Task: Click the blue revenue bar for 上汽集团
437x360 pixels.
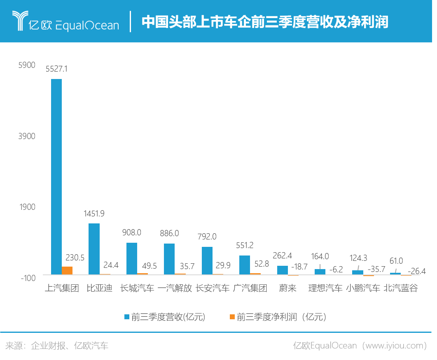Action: click(56, 177)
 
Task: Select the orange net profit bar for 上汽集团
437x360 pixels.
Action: click(67, 270)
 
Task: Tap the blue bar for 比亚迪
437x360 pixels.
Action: click(94, 249)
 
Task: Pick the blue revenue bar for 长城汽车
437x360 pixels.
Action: click(132, 258)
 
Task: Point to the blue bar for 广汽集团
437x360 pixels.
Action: click(245, 265)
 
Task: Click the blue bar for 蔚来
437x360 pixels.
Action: click(283, 270)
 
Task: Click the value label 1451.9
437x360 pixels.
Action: click(94, 214)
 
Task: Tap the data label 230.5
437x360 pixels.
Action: click(75, 258)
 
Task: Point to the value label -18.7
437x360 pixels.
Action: click(299, 267)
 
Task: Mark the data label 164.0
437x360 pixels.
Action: click(320, 256)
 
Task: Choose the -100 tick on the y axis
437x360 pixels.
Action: click(28, 278)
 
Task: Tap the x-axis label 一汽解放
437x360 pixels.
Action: click(175, 288)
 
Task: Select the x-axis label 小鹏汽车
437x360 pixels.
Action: click(363, 288)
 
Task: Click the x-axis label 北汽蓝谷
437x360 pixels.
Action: click(401, 288)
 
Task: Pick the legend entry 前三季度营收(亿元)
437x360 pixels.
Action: click(165, 317)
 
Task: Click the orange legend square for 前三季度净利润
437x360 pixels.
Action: click(232, 316)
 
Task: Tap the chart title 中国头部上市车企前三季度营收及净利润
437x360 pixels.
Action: click(265, 21)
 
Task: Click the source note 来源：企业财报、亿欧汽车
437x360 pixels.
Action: click(57, 346)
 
